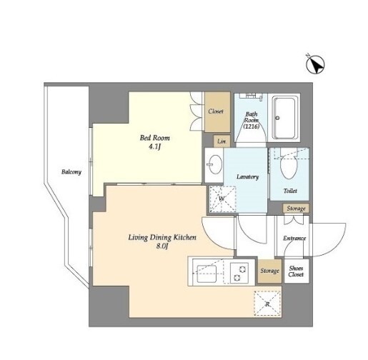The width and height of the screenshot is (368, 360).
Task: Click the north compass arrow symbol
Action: click(x=315, y=64)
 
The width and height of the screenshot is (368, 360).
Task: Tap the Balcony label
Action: click(x=71, y=171)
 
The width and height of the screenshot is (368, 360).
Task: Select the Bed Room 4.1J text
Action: click(x=155, y=141)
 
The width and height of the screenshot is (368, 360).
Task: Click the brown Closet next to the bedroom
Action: click(x=217, y=112)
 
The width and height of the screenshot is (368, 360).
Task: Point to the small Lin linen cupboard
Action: click(x=222, y=141)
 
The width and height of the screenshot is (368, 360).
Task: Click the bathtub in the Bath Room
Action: click(x=285, y=118)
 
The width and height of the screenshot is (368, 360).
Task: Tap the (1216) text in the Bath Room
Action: click(x=252, y=126)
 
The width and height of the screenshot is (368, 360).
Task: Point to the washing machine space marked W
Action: click(x=222, y=199)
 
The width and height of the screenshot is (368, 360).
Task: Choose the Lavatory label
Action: click(x=247, y=176)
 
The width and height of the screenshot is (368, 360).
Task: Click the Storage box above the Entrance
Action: click(x=296, y=209)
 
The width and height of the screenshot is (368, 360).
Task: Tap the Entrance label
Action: click(x=294, y=238)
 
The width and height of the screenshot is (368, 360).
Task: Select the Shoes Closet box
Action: click(x=296, y=271)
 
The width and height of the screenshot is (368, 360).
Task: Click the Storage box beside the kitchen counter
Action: click(x=269, y=271)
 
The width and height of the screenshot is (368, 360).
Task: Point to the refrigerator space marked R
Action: click(x=267, y=304)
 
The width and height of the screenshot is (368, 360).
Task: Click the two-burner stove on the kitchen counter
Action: click(x=239, y=273)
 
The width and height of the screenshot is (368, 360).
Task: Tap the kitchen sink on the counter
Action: click(x=207, y=273)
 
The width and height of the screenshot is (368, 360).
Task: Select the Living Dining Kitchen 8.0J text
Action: click(x=162, y=241)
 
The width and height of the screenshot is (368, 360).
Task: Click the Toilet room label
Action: click(x=290, y=191)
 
